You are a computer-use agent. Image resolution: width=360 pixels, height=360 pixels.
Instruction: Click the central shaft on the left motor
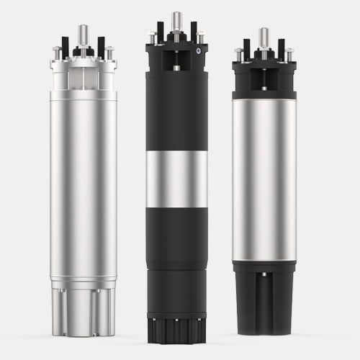[x=83, y=35]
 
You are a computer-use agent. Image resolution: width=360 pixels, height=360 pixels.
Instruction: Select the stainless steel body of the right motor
[x=264, y=180]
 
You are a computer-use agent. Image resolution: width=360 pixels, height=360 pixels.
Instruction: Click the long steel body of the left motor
[x=83, y=180]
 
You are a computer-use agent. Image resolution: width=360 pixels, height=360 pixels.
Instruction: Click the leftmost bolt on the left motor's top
[x=57, y=53]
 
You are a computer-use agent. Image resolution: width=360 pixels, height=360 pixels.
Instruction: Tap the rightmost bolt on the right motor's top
[x=289, y=53]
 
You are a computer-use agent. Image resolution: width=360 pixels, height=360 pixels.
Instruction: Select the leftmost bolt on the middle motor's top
[x=152, y=36]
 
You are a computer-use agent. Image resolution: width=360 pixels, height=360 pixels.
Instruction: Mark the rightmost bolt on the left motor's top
[x=109, y=53]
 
